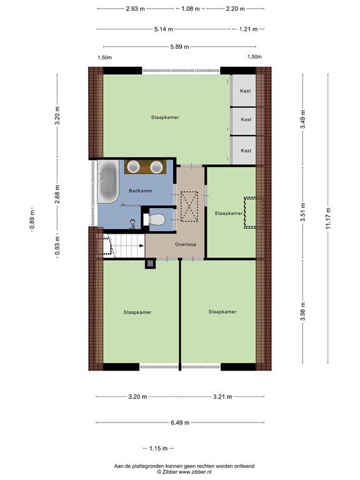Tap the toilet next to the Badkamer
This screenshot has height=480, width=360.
pos(156,219)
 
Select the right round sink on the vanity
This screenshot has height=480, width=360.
pos(156,166)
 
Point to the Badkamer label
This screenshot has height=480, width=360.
pos(141,191)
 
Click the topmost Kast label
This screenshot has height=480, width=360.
pos(246,92)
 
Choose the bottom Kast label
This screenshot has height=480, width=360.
pos(246,151)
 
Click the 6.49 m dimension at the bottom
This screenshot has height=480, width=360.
pos(180,422)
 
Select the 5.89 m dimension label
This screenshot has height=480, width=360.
pos(180,46)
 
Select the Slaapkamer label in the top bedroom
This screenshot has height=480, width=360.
pos(165,117)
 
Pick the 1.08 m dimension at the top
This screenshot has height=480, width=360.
pos(190,9)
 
